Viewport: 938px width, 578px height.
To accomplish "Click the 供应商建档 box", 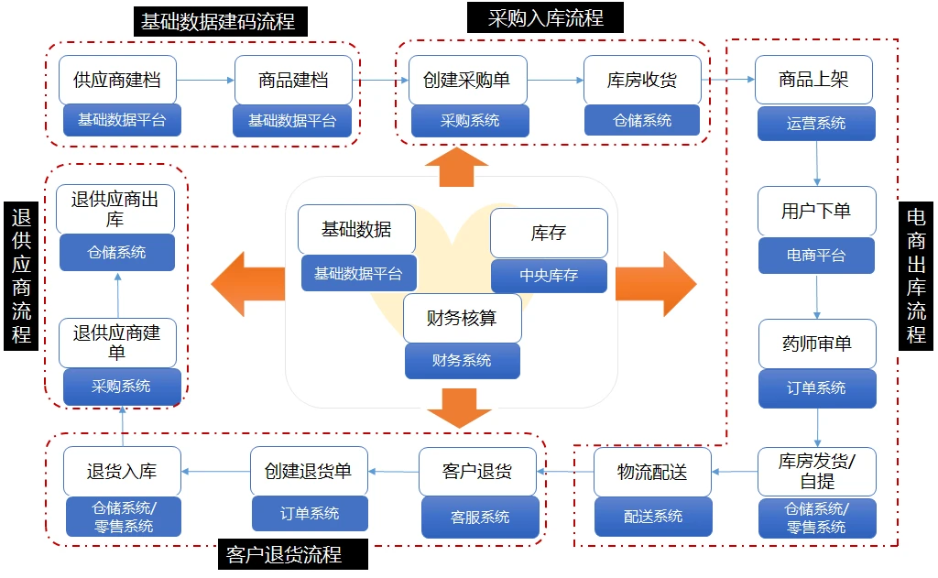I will tap(116, 80).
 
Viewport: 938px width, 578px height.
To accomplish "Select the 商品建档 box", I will tap(293, 80).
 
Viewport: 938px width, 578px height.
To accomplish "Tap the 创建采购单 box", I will tap(467, 80).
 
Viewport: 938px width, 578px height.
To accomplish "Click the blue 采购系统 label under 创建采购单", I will tap(470, 120).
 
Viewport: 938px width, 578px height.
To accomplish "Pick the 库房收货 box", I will tap(642, 80).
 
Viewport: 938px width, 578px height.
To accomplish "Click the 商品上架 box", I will tap(813, 80).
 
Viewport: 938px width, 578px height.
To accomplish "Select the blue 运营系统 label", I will tap(816, 123).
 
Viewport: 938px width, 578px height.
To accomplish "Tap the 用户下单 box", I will tap(816, 212).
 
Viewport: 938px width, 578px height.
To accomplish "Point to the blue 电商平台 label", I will tap(816, 256).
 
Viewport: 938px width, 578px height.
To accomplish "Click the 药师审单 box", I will tap(816, 344).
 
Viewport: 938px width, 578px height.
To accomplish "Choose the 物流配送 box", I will tap(652, 473).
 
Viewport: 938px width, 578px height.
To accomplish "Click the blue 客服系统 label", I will tap(480, 517).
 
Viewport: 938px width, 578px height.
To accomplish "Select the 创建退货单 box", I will tap(309, 472).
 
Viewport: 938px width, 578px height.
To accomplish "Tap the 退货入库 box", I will tap(122, 472).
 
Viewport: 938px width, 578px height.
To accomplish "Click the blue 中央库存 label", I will tap(549, 275).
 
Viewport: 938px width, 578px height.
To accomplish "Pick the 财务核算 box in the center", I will tap(462, 318).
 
